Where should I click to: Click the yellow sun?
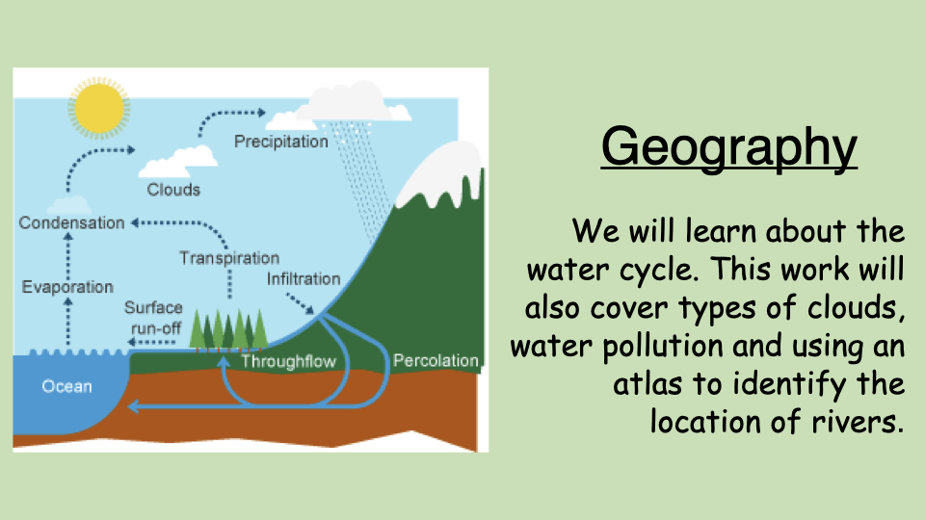(x=99, y=109)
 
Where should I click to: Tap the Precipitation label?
(x=280, y=142)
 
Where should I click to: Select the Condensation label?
(x=72, y=222)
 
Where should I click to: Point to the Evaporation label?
(x=67, y=287)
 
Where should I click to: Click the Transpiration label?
(x=229, y=258)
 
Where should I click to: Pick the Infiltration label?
(x=304, y=279)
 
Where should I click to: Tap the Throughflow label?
(x=288, y=361)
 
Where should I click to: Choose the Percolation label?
(x=436, y=360)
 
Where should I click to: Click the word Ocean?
(x=66, y=386)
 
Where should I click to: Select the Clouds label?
(x=173, y=190)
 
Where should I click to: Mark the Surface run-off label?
(x=153, y=318)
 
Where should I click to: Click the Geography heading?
(x=729, y=147)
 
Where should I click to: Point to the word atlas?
(x=648, y=384)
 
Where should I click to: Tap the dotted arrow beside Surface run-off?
(x=152, y=342)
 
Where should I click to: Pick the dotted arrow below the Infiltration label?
(x=301, y=303)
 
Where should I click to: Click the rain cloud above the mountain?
(x=345, y=106)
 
